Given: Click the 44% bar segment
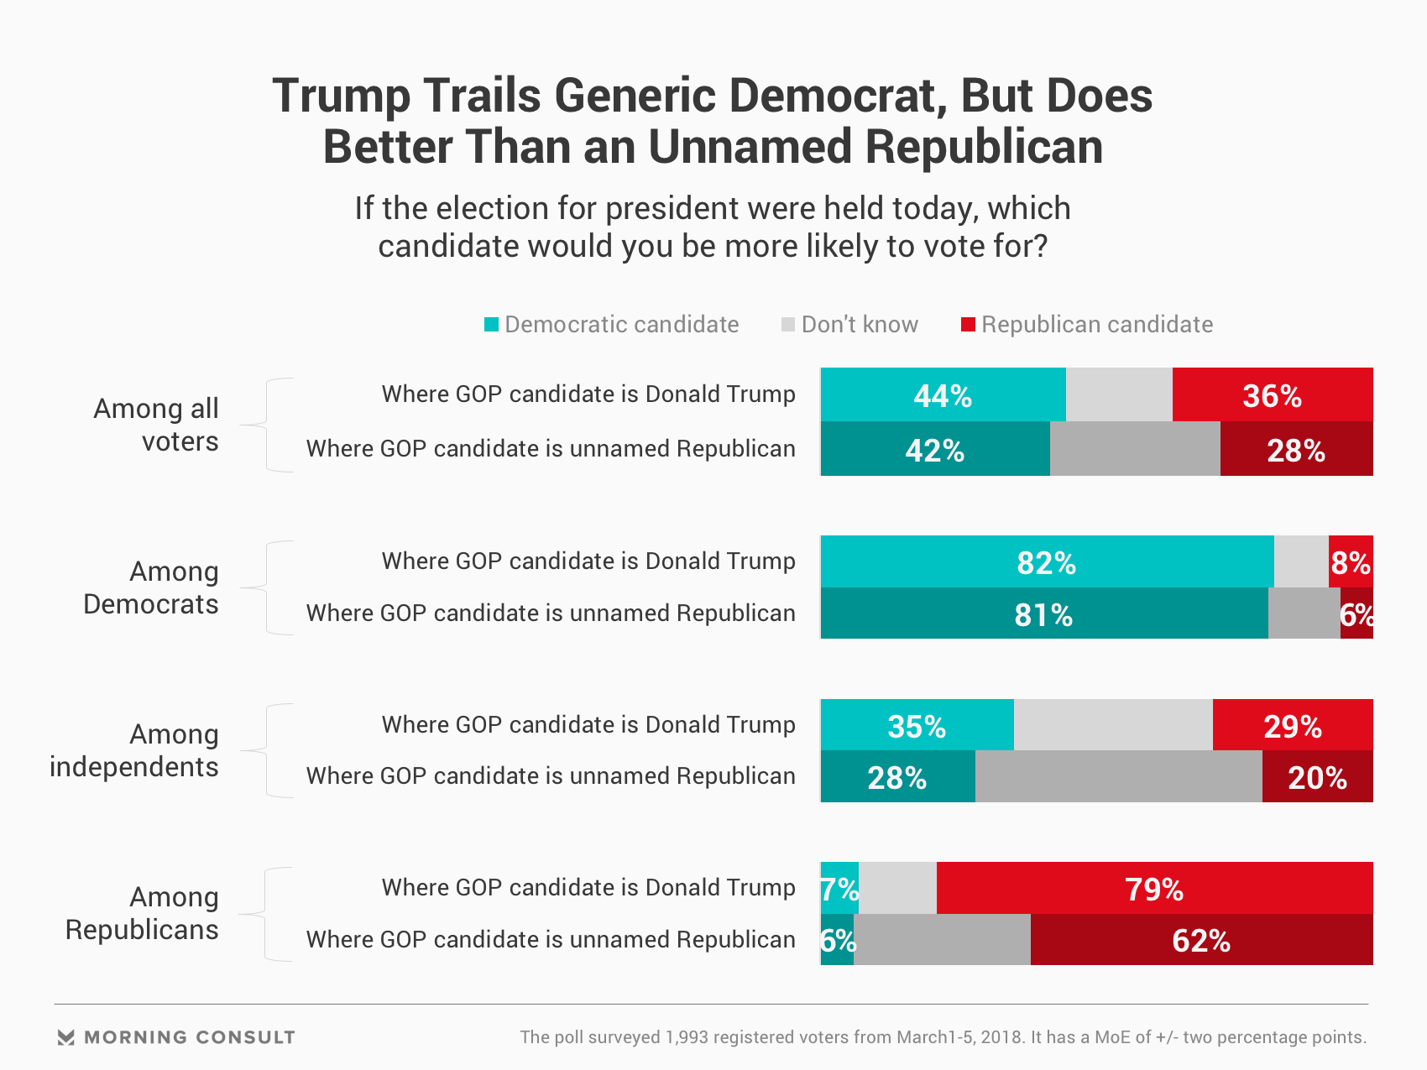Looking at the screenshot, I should (x=943, y=394).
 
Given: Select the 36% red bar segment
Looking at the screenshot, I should (x=1273, y=394).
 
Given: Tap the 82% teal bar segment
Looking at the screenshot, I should (x=1047, y=561).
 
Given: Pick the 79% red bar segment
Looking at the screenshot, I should (x=1154, y=888).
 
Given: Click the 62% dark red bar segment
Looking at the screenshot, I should (x=1201, y=940).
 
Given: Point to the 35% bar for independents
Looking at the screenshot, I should (x=917, y=725).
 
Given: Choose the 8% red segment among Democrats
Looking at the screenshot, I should (x=1351, y=561).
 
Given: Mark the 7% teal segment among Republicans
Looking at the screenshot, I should (x=839, y=888).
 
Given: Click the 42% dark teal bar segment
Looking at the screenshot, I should (x=935, y=449).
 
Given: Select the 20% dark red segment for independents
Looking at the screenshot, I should (x=1317, y=776).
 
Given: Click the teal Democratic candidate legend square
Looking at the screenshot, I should (x=492, y=325).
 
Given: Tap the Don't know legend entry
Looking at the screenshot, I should (x=849, y=325).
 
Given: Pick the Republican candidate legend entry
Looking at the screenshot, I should (x=1087, y=325).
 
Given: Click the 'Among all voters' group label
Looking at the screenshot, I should (x=157, y=425).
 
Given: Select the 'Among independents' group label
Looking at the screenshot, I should (x=135, y=750).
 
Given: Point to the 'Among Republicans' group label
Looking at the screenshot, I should (x=143, y=913).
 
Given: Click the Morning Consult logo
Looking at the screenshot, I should (x=176, y=1037).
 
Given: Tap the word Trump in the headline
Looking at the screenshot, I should (x=341, y=96).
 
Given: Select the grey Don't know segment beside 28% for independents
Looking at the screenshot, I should (x=1118, y=776).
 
